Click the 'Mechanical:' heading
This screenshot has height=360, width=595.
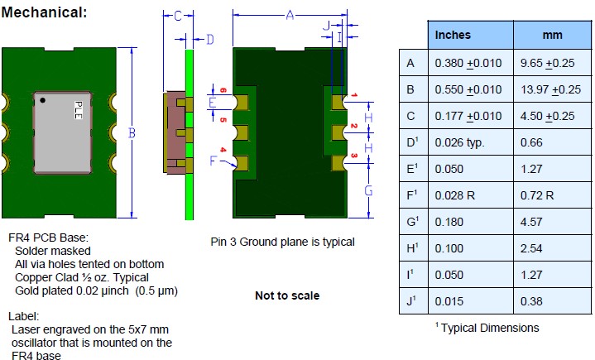tap(46, 13)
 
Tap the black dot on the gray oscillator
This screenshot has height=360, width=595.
tap(43, 100)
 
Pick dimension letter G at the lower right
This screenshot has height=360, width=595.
tap(368, 190)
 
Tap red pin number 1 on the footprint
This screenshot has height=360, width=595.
tap(353, 96)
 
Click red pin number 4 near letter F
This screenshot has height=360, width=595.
tap(221, 150)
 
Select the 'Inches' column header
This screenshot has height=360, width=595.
tap(453, 35)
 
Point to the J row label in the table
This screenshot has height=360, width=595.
tap(411, 302)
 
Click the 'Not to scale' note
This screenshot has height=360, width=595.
tap(287, 295)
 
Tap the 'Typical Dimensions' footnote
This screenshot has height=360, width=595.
tap(488, 328)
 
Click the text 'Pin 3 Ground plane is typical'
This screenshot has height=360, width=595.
tap(282, 242)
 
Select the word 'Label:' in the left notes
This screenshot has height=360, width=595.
tap(25, 316)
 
